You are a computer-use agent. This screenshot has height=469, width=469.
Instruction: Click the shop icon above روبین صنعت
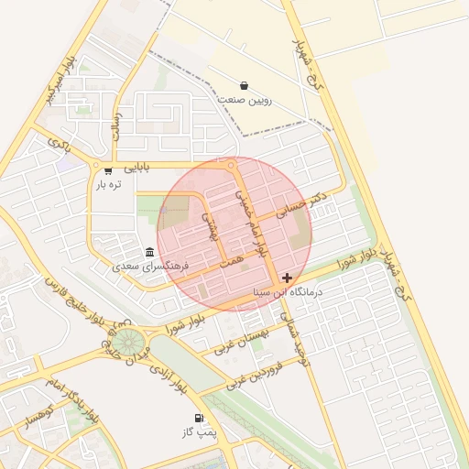click(x=243, y=85)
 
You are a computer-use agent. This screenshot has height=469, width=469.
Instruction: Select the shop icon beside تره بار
click(x=108, y=170)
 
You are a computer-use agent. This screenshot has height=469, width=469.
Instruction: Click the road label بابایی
click(x=136, y=168)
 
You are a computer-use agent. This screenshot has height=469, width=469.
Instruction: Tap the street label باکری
click(x=59, y=144)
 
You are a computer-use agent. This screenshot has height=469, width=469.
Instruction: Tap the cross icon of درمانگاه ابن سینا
click(x=288, y=277)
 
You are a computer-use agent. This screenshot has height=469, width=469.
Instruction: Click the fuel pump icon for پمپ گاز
click(x=199, y=419)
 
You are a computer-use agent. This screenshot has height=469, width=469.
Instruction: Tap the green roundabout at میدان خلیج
click(x=127, y=345)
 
